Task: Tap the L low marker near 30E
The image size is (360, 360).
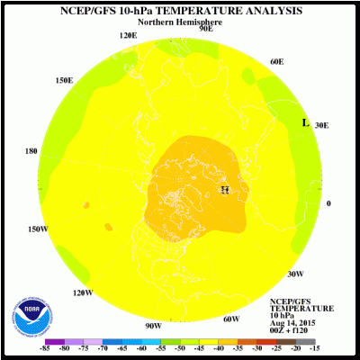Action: pos(305,122)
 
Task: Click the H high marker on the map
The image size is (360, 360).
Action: pos(225,189)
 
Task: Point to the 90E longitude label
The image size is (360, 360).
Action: pos(206,29)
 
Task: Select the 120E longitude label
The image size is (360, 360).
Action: pos(129,36)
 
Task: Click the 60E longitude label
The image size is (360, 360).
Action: pos(276,62)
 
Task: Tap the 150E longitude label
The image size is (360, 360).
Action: pos(64,80)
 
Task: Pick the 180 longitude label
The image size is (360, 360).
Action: pos(31,151)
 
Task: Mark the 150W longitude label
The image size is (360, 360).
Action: pos(37,229)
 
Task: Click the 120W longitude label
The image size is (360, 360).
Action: pos(83,292)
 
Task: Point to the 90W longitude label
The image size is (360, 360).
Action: pos(153,325)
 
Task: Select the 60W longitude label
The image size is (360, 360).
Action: pos(230,319)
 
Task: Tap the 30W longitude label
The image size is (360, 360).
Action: pos(294,274)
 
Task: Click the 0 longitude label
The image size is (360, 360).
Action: pos(328,203)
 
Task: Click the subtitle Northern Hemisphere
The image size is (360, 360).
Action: pos(180,22)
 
